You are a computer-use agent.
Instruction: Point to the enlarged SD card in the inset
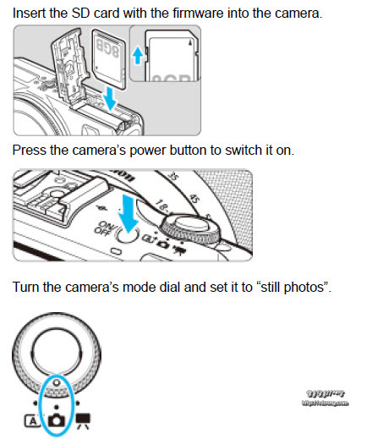173,60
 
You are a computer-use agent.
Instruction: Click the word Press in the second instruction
29,150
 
